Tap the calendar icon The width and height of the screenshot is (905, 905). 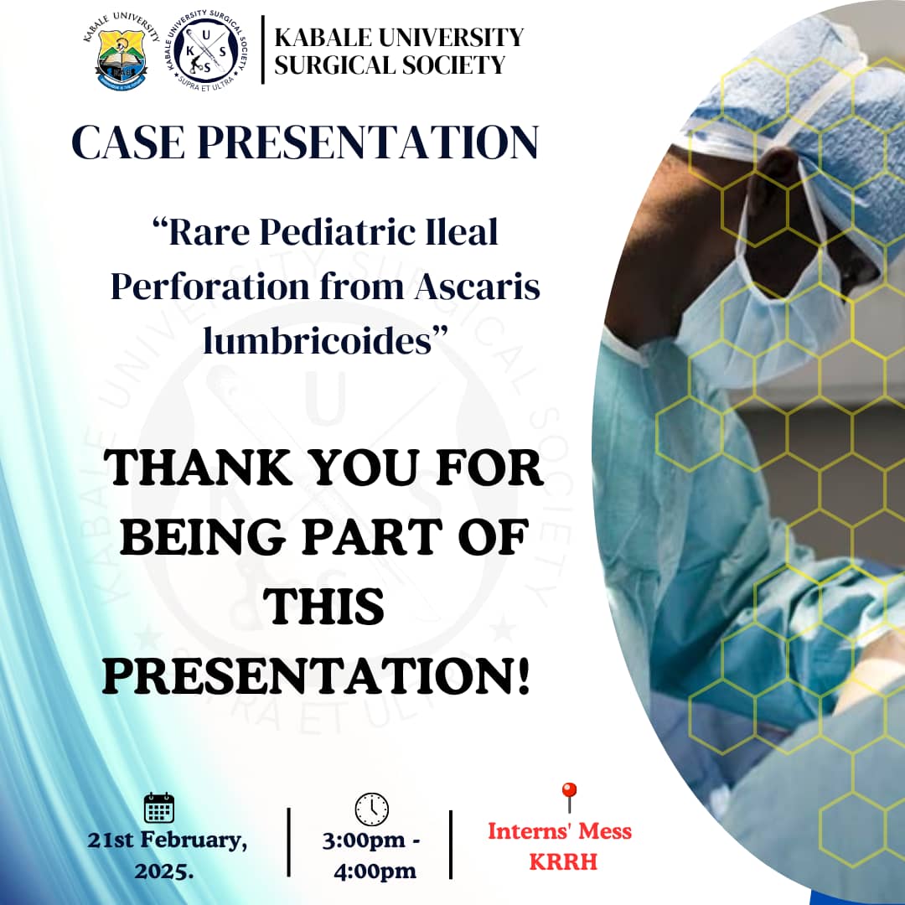(x=159, y=808)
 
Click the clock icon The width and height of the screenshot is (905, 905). (x=371, y=809)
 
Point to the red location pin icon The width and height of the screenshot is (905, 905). (x=569, y=797)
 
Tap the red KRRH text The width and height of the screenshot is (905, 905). (x=562, y=861)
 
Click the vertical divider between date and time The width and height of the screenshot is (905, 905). (x=289, y=843)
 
